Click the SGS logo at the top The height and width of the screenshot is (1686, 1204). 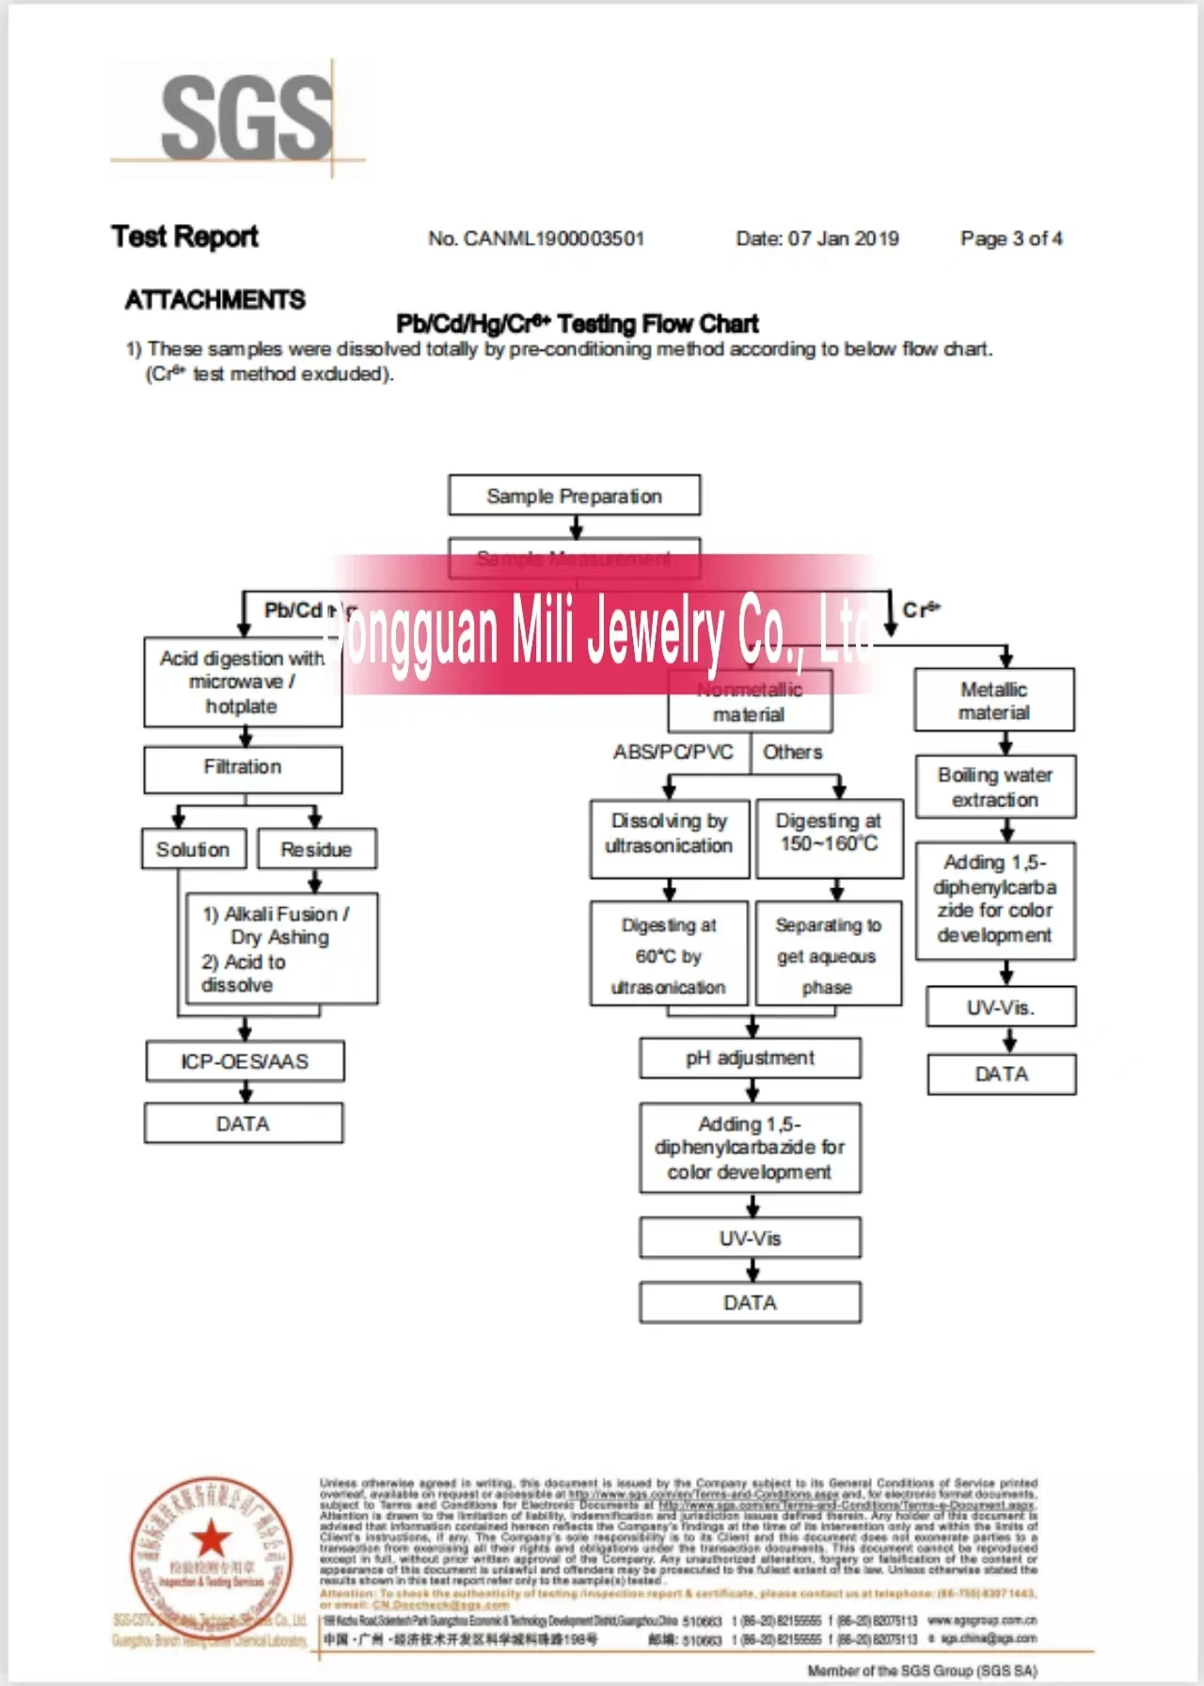[246, 118]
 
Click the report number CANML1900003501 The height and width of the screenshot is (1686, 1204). [554, 239]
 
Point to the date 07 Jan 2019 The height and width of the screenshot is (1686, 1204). [843, 239]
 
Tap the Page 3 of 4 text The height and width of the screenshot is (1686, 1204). [1011, 239]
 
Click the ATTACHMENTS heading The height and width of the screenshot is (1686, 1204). [215, 300]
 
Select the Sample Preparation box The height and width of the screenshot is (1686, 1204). [574, 496]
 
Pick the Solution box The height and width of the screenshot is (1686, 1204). [194, 850]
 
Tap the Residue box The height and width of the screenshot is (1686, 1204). [316, 850]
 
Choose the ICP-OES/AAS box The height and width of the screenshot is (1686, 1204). [245, 1061]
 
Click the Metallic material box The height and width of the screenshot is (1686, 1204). [993, 701]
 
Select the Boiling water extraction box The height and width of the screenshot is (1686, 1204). [994, 787]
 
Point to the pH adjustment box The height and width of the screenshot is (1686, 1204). [750, 1058]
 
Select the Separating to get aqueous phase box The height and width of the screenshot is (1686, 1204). [828, 956]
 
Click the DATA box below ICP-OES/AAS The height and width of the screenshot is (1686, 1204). [243, 1123]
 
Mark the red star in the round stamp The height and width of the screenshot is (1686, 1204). [211, 1540]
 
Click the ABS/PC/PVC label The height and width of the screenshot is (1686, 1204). [673, 753]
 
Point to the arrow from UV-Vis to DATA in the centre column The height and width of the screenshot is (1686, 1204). [752, 1270]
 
